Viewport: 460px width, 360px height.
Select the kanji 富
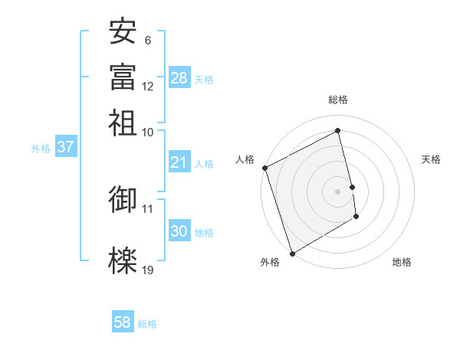pos(123,76)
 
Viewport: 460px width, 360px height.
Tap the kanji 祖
pos(123,121)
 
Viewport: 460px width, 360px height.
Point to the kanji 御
pos(123,198)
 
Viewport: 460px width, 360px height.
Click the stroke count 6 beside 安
pos(148,41)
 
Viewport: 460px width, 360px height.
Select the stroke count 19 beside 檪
pos(148,270)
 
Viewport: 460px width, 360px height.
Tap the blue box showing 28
pos(179,78)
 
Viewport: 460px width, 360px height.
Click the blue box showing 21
pos(179,162)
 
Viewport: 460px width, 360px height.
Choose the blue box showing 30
pos(179,231)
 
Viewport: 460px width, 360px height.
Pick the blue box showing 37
pos(65,147)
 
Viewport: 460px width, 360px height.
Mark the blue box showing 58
pos(123,322)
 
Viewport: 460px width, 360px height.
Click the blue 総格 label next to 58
pos(147,324)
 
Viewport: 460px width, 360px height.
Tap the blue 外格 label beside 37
pos(41,149)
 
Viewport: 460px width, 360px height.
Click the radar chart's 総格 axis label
pos(338,100)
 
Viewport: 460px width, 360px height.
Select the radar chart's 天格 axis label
pos(432,159)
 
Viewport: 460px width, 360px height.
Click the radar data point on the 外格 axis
pos(292,253)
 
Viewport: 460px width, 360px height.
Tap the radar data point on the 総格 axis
pos(338,131)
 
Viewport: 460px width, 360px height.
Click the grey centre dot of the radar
pos(338,191)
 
